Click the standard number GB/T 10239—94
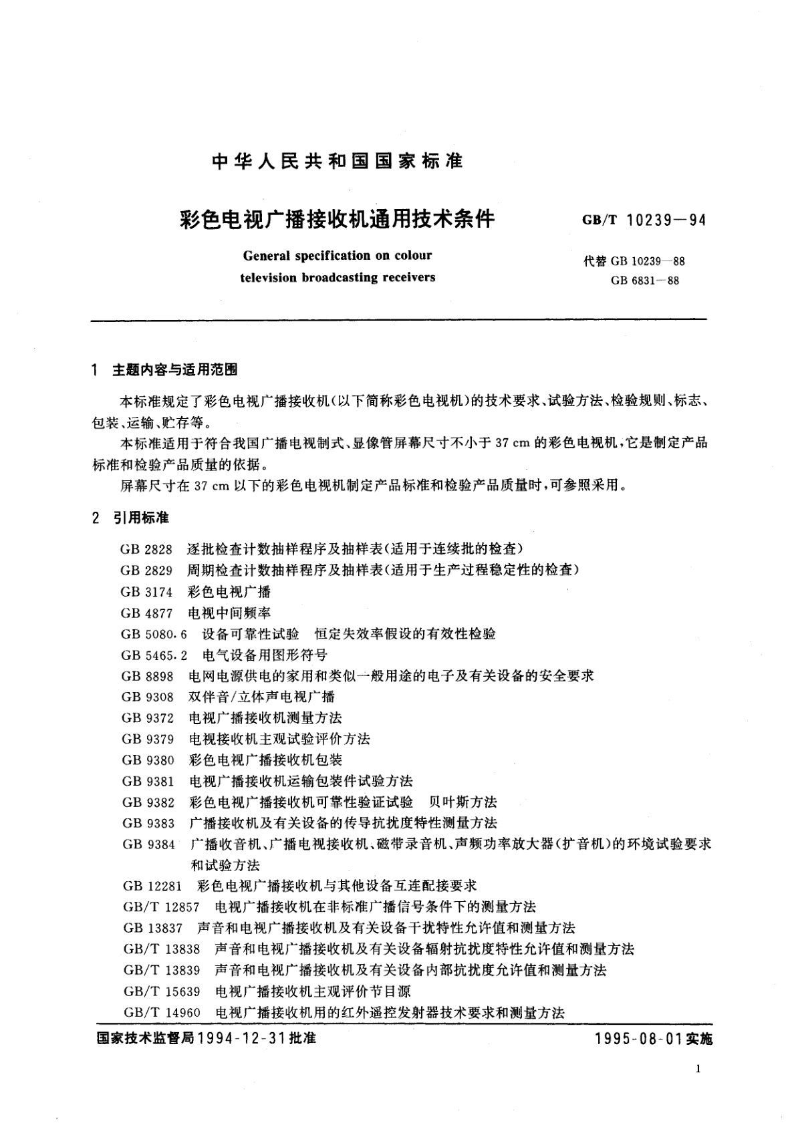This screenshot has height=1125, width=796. click(x=644, y=220)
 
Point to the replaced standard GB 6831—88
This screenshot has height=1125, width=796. click(x=644, y=281)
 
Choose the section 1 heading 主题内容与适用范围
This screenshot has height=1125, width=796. click(x=175, y=370)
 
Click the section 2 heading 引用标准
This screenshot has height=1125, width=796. click(x=141, y=518)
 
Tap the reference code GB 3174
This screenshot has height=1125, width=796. click(x=146, y=592)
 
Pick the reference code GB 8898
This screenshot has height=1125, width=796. click(x=147, y=676)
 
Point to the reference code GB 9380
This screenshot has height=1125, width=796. click(x=148, y=760)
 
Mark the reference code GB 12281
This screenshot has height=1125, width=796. click(x=152, y=886)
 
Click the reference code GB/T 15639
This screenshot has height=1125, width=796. click(x=162, y=991)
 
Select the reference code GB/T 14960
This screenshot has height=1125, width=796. click(x=162, y=1013)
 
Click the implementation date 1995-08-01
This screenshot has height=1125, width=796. click(x=638, y=1039)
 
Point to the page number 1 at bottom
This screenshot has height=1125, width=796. click(x=698, y=1070)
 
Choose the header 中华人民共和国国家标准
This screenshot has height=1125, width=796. click(x=337, y=162)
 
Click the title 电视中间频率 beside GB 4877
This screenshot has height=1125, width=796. click(x=229, y=613)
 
